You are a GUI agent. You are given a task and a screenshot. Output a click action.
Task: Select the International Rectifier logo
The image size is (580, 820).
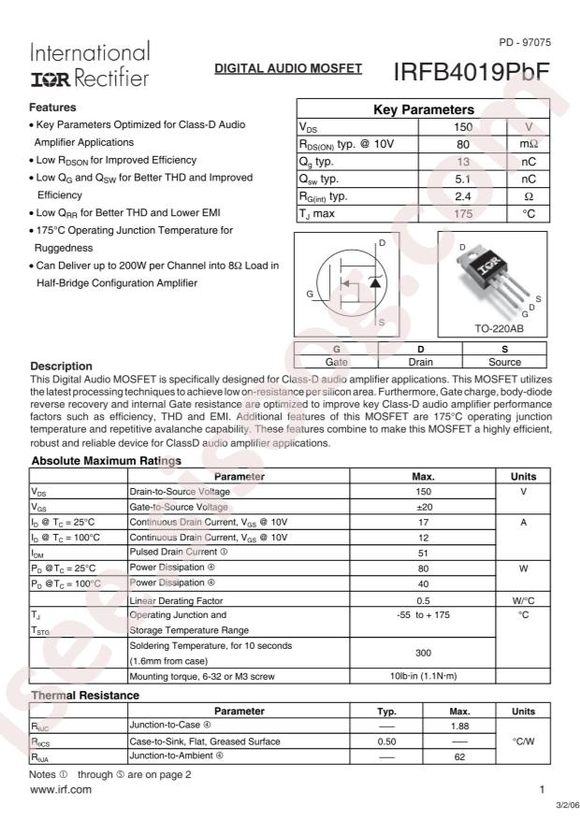[90, 65]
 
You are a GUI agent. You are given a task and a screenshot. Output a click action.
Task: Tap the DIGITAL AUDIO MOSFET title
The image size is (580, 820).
[288, 70]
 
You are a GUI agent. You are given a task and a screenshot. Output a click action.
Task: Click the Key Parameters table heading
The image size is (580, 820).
[423, 110]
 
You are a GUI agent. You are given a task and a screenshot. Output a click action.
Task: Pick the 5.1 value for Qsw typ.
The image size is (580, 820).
[462, 179]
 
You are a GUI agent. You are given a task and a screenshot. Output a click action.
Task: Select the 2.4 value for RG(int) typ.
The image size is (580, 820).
[462, 196]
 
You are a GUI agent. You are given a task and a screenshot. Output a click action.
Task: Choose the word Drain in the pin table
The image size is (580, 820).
[420, 361]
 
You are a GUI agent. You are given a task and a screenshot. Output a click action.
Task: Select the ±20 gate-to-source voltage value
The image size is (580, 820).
[423, 507]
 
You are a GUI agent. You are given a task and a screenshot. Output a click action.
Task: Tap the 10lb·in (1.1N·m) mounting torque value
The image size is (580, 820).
[423, 674]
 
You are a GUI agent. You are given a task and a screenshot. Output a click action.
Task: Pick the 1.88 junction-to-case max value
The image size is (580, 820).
[459, 726]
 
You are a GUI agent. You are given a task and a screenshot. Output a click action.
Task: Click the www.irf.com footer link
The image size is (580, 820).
[62, 790]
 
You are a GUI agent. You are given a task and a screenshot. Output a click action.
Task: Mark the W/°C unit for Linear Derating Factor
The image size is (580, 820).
[523, 599]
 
